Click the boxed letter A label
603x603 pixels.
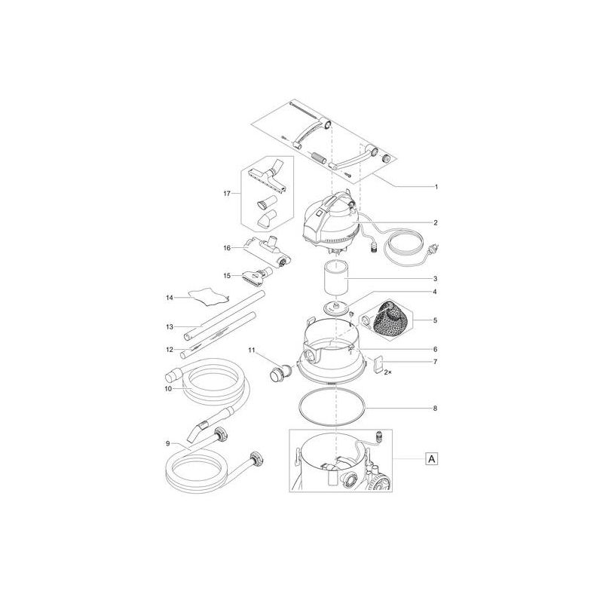click(432, 459)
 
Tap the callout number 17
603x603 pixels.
click(227, 194)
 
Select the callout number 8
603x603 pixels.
click(435, 409)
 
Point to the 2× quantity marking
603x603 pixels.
click(388, 372)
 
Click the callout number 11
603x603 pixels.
click(252, 350)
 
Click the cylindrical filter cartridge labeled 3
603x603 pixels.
click(335, 278)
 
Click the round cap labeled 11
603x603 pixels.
click(281, 373)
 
